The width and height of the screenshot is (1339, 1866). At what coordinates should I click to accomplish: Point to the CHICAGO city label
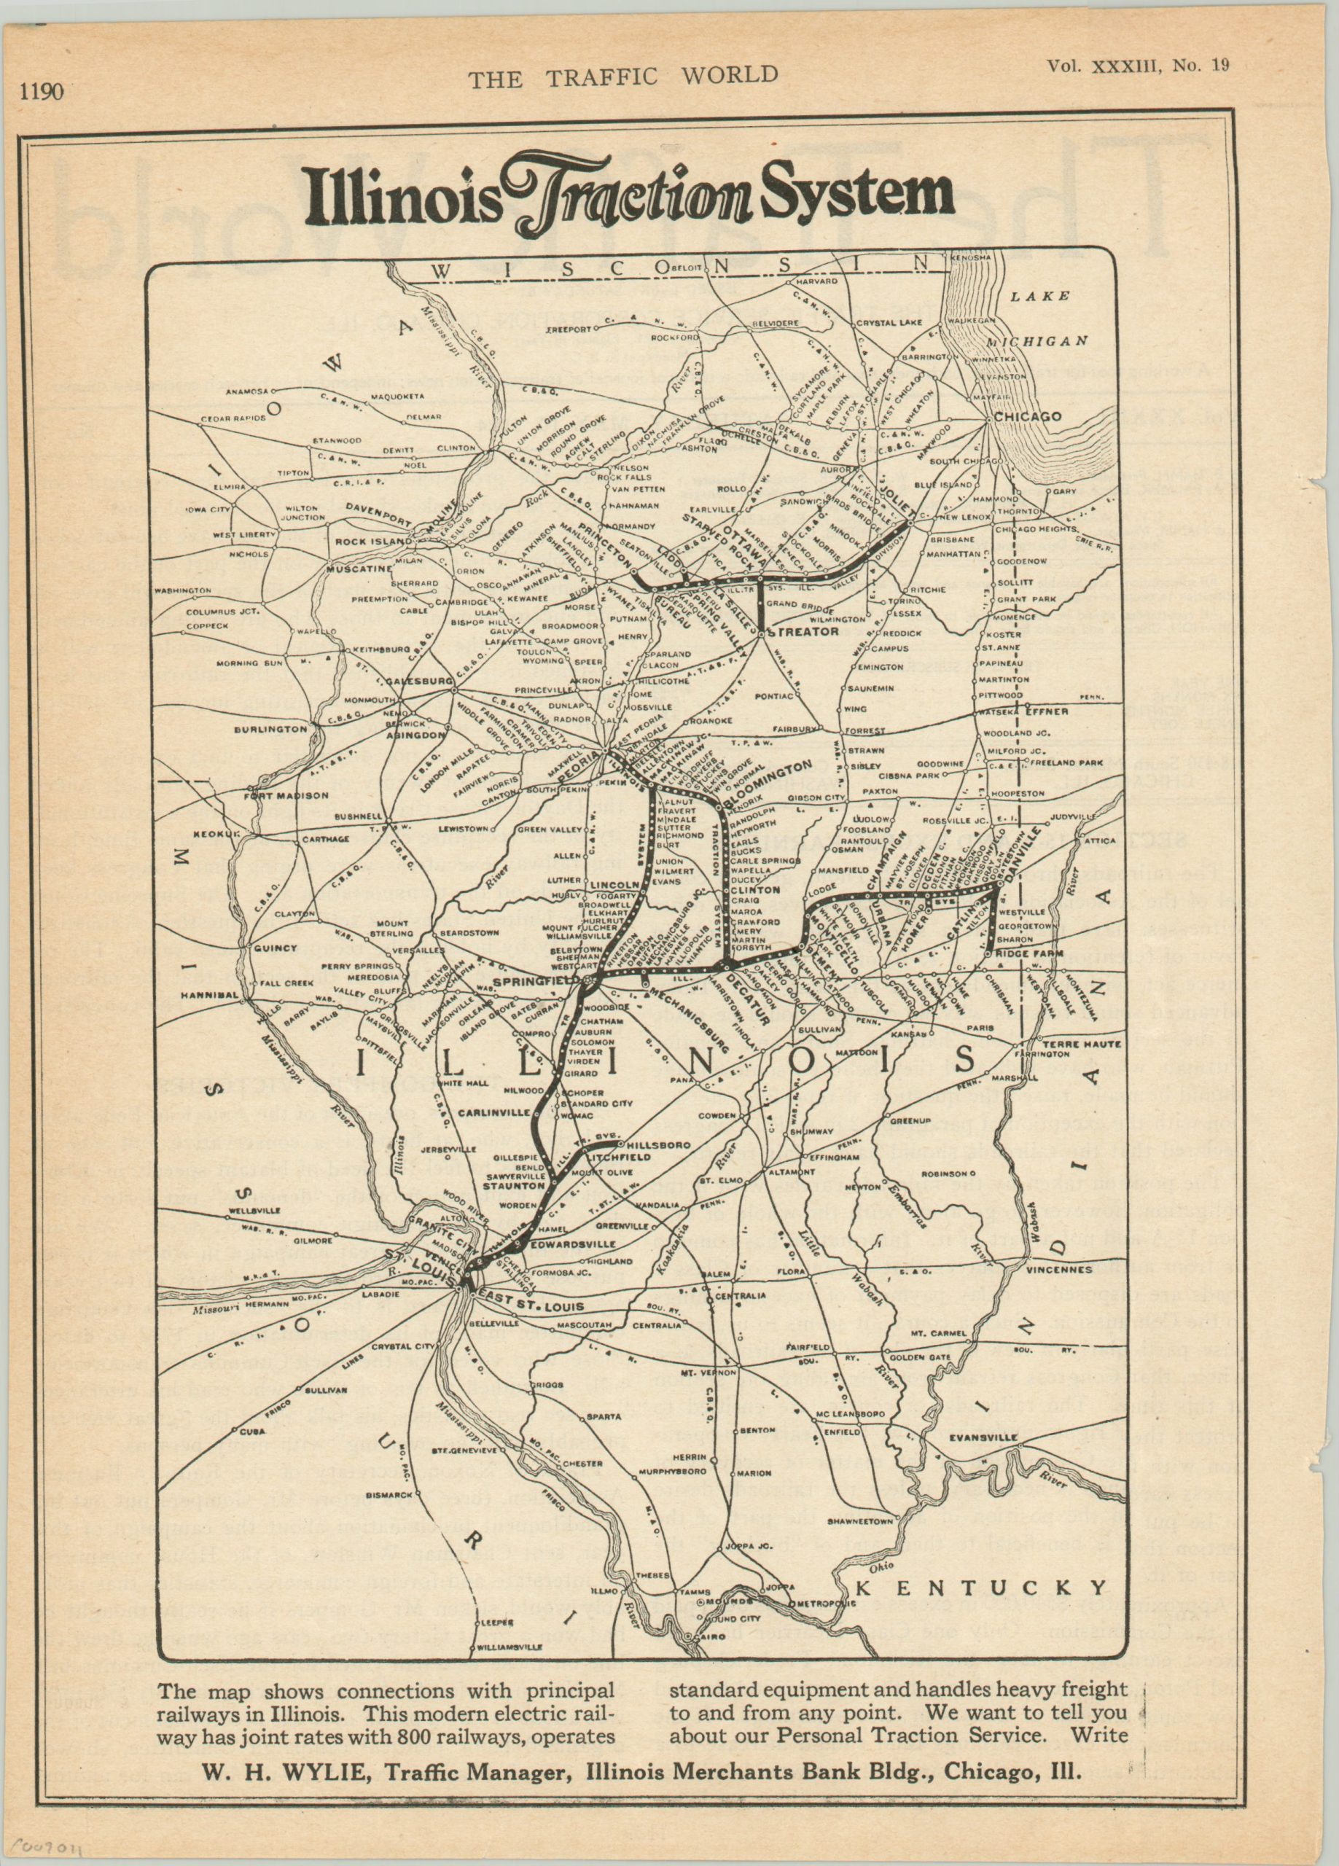(x=1027, y=416)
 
